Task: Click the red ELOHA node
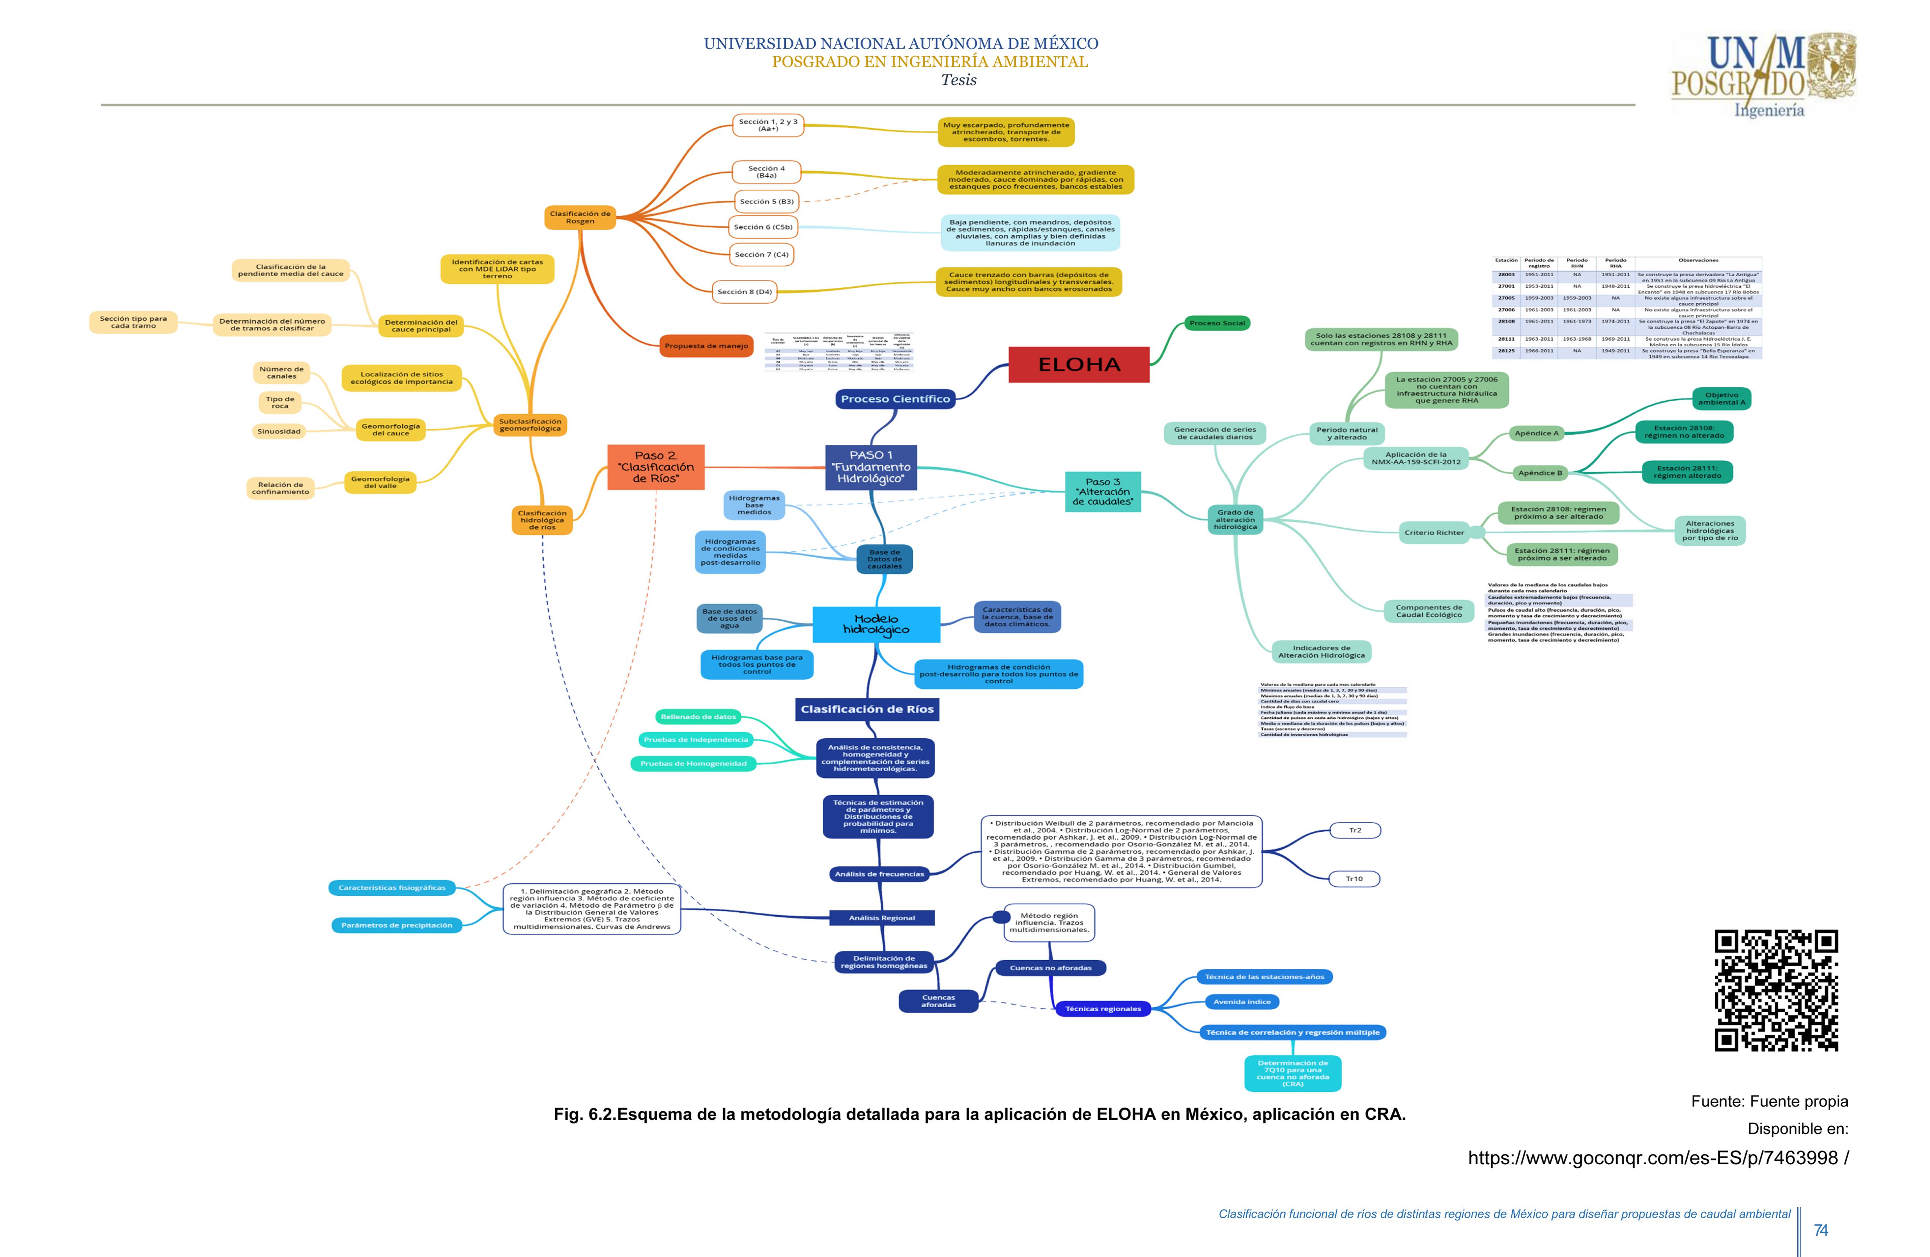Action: (1078, 365)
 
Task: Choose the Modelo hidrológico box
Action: (876, 625)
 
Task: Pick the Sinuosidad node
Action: (279, 431)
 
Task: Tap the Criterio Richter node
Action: (1434, 533)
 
